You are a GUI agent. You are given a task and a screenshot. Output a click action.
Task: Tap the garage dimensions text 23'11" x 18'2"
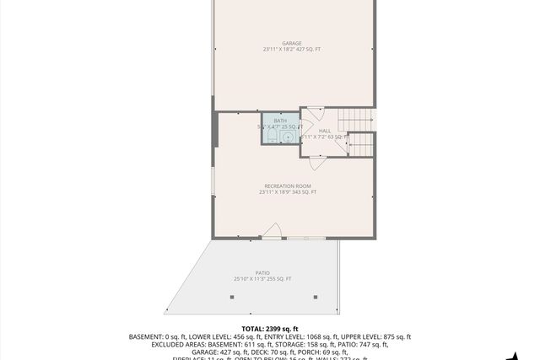pos(281,50)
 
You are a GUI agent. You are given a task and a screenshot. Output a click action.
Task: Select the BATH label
pos(280,121)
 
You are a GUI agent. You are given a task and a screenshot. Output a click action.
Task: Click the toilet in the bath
pos(273,137)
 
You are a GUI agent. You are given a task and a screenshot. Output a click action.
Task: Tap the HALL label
pos(325,131)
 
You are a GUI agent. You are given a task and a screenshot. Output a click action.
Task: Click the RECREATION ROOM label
pos(288,185)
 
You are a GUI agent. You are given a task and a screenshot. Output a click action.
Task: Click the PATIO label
pos(262,272)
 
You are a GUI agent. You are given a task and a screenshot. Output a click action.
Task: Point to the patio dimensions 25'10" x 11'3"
pos(251,279)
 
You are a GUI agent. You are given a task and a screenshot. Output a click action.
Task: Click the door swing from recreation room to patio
pos(272,230)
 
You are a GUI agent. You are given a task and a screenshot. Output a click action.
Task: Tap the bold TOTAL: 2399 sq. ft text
pos(270,328)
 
